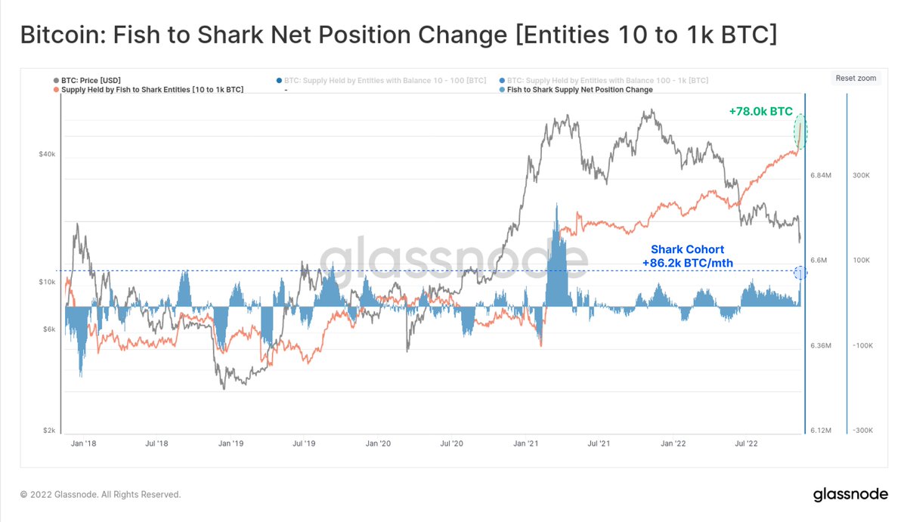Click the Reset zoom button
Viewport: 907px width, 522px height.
(x=856, y=79)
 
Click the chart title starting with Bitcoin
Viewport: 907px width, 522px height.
(x=398, y=35)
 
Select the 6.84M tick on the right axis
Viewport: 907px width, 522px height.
(x=822, y=175)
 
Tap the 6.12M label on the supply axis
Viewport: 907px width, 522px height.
(x=822, y=431)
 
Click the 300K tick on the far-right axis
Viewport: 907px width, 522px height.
(x=862, y=175)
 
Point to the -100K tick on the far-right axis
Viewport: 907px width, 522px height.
(x=862, y=345)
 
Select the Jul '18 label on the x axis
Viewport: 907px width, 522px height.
(x=156, y=444)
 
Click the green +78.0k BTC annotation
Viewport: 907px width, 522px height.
(x=760, y=111)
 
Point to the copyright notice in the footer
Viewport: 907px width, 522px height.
(x=101, y=495)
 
